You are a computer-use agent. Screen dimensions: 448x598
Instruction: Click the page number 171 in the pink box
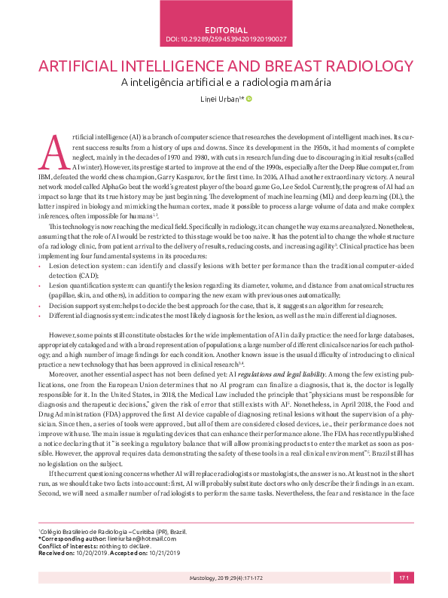point(403,578)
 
